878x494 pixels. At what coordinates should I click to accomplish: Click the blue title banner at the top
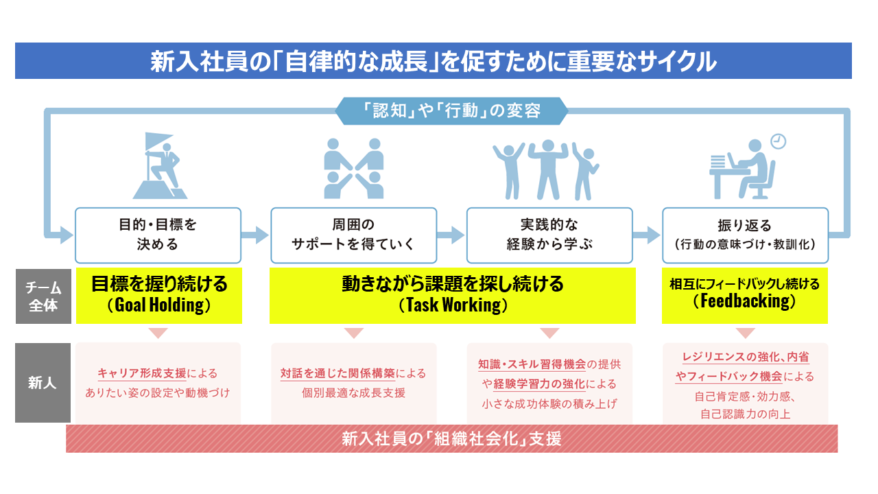click(433, 61)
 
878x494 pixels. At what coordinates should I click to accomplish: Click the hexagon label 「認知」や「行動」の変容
click(451, 111)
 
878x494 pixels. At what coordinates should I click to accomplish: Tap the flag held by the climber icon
click(158, 141)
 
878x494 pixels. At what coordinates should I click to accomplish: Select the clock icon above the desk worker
click(778, 141)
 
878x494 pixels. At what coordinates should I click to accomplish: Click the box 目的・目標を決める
click(158, 235)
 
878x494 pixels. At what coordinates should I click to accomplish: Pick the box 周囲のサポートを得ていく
click(353, 235)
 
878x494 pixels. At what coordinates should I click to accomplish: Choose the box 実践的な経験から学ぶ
click(549, 235)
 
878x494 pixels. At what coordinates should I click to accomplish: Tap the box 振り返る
click(745, 235)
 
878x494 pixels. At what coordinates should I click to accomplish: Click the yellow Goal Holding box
click(158, 296)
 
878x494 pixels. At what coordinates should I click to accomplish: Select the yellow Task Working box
click(452, 296)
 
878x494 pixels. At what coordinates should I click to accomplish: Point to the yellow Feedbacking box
click(745, 296)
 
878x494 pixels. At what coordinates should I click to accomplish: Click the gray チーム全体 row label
click(43, 296)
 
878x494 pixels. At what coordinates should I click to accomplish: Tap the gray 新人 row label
click(43, 383)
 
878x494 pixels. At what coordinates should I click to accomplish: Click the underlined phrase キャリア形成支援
click(142, 374)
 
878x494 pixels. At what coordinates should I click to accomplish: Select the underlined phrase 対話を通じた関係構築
click(338, 374)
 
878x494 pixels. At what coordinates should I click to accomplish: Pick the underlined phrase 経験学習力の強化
click(539, 384)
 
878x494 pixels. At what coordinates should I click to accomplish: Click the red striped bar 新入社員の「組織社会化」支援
click(451, 438)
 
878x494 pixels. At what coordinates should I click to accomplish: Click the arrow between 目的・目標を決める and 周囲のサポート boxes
click(255, 235)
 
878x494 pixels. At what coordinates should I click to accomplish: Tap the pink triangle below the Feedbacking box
click(745, 333)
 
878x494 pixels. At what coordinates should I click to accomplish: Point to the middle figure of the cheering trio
click(547, 169)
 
